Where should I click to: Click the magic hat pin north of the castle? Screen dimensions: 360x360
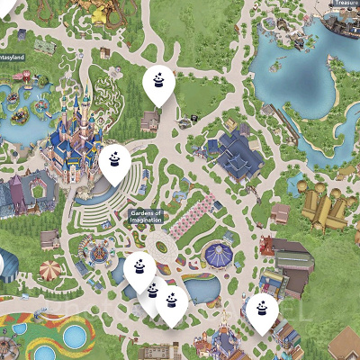click(158, 84)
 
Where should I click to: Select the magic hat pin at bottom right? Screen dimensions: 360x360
click(262, 310)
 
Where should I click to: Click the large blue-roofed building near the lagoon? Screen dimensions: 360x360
click(236, 155)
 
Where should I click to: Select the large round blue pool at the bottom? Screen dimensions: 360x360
click(75, 337)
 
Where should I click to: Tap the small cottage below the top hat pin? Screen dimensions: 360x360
click(151, 120)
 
